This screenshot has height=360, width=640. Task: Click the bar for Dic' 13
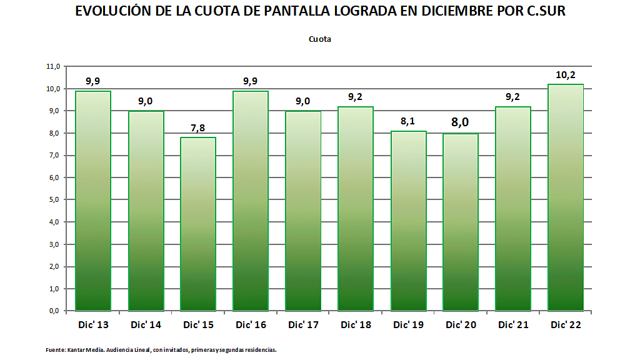(x=93, y=200)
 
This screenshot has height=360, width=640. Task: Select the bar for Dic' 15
(x=198, y=224)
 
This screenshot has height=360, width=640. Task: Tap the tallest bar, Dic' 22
(x=566, y=197)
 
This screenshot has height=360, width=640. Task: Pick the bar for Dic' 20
(x=461, y=222)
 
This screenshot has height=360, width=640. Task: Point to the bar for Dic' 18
(x=356, y=208)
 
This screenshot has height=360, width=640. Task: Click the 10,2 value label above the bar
(x=566, y=75)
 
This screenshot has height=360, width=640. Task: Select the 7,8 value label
(x=198, y=128)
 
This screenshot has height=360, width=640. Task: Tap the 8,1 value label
(x=408, y=122)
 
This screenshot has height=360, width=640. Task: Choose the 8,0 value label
(x=461, y=122)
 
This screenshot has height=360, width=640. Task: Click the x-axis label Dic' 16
(x=251, y=325)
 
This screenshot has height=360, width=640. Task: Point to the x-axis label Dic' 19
(x=408, y=325)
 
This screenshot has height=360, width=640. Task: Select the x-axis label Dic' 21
(x=513, y=325)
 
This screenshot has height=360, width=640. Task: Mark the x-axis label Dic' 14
(x=146, y=325)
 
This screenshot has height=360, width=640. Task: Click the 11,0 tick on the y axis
(x=53, y=66)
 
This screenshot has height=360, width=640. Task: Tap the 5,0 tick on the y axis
(x=54, y=200)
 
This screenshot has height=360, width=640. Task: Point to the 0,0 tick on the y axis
(x=54, y=311)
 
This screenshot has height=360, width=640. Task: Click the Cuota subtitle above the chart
(x=320, y=39)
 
